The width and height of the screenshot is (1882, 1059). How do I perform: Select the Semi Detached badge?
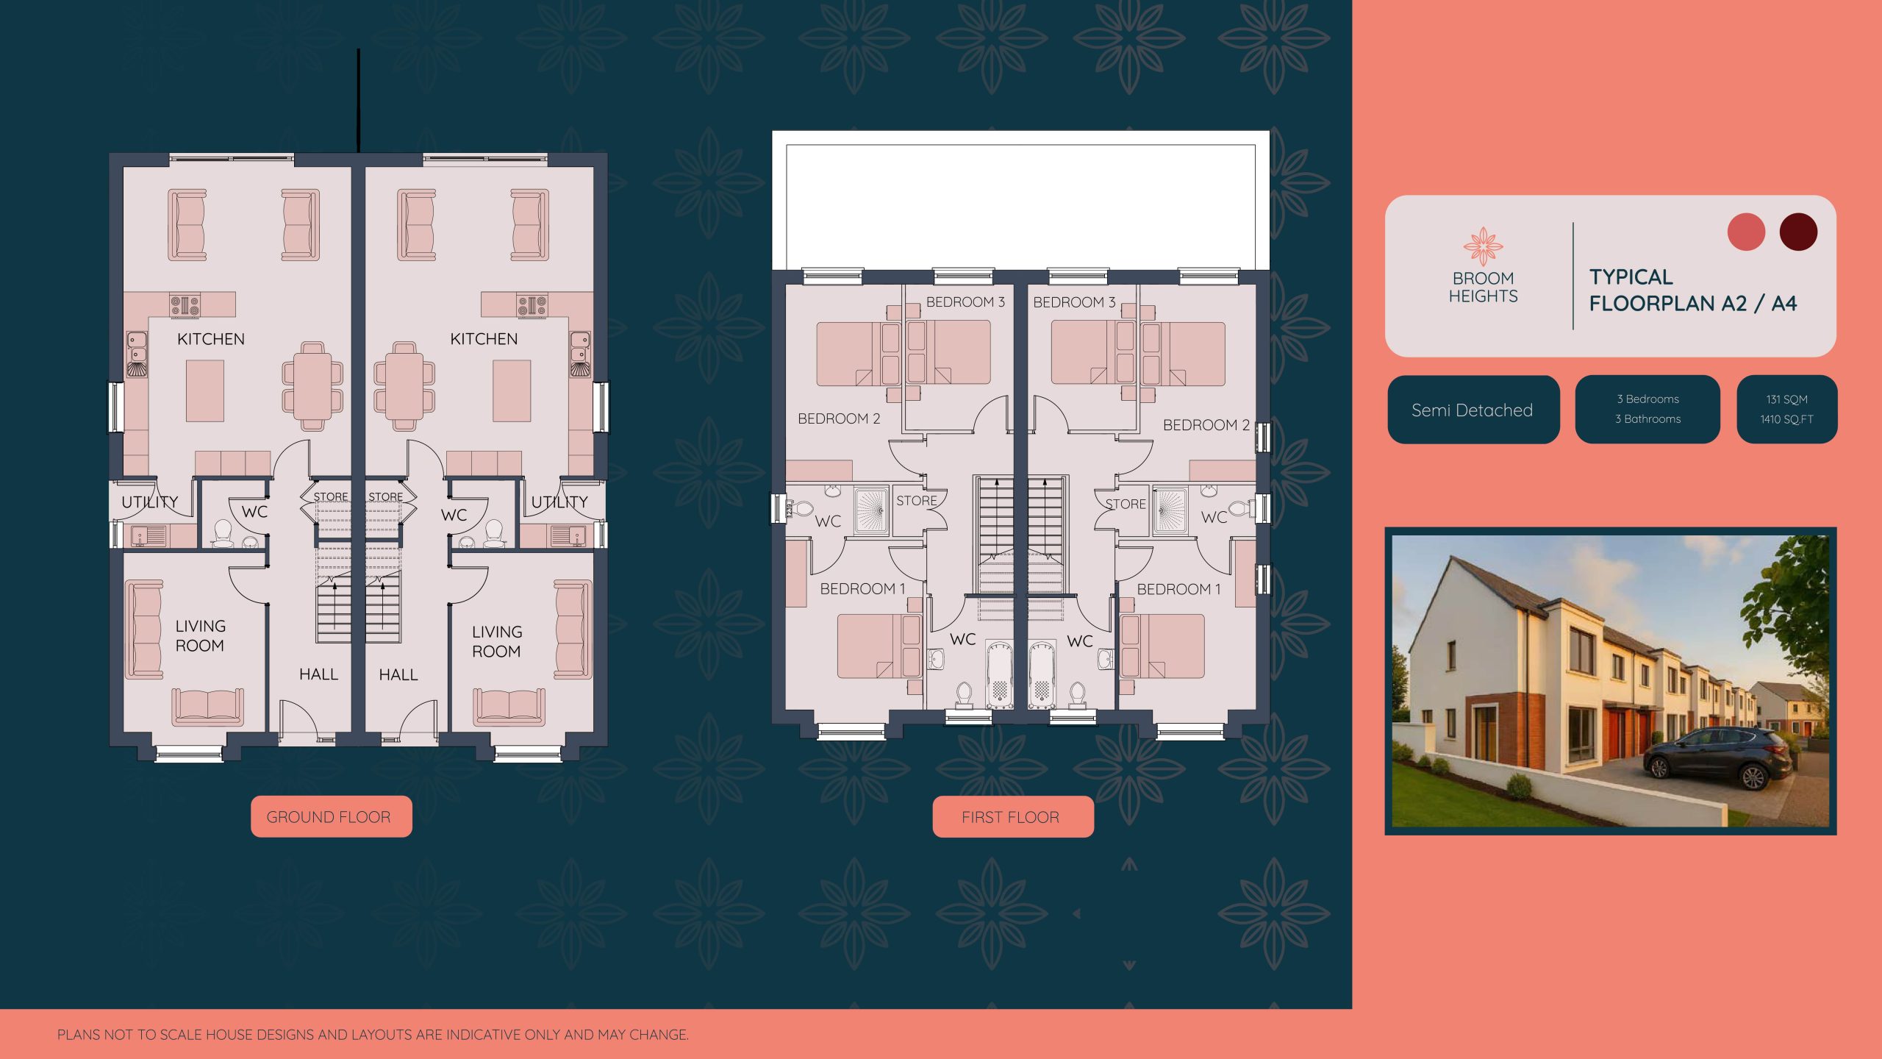pos(1473,410)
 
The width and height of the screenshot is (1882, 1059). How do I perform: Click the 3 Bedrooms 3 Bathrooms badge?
pos(1647,409)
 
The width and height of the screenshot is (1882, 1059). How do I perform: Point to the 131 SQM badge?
pos(1786,409)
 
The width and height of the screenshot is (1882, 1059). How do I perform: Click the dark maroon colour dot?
pos(1797,232)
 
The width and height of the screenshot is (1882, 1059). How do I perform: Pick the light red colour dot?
pos(1745,232)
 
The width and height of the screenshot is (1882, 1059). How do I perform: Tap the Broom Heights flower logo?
pos(1482,246)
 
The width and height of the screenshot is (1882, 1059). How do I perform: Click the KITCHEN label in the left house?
pos(211,339)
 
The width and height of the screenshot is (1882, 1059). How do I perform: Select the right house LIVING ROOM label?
pos(497,641)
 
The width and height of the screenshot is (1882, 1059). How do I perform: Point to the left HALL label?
pos(318,674)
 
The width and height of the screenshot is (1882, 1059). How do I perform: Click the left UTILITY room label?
pos(150,502)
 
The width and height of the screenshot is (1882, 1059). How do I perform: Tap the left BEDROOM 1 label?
pos(862,588)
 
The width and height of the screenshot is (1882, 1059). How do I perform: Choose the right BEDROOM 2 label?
pos(1206,425)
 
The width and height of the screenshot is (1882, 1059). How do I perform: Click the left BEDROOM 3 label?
pos(965,302)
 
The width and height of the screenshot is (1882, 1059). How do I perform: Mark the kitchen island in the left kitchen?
pos(204,391)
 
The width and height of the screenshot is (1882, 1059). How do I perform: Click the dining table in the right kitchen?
pos(404,386)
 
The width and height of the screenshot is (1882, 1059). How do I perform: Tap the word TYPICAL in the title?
pos(1631,277)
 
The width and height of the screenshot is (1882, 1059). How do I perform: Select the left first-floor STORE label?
pos(916,501)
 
